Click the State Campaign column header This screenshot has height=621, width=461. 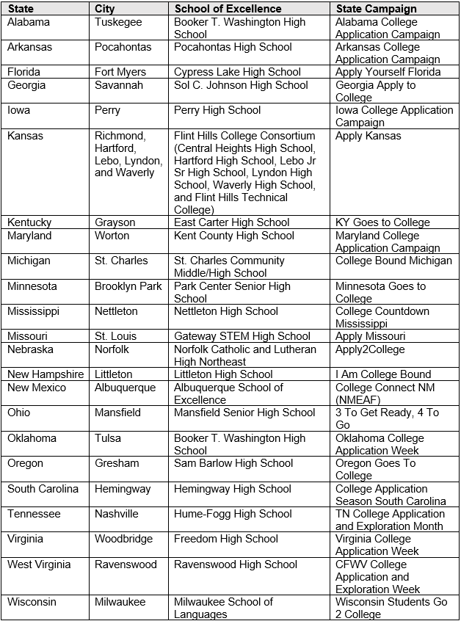(376, 9)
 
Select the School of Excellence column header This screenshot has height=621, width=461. (228, 9)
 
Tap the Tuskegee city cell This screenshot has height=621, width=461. (120, 22)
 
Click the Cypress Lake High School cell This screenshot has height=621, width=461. (237, 72)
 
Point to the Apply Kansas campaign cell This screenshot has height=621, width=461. (369, 136)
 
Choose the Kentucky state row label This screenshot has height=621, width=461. (29, 222)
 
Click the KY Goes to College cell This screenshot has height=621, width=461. (382, 222)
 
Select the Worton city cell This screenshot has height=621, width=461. (112, 236)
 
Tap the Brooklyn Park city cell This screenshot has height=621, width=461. (128, 286)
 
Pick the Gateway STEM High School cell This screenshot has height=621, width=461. (242, 336)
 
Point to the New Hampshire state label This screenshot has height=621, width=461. (46, 374)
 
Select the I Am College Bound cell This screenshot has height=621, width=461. (383, 374)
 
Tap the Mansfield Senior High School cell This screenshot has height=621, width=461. (244, 413)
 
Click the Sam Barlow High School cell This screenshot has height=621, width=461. (233, 463)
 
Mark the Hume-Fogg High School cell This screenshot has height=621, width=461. (233, 514)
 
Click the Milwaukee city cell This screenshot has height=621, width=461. (120, 602)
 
